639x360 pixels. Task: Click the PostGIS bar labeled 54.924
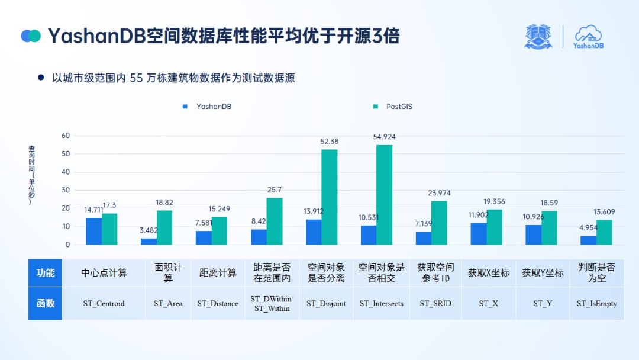pos(384,195)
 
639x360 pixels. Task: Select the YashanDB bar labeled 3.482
pos(149,241)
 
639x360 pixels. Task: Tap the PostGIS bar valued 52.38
pos(329,197)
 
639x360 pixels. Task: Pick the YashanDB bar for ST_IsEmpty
pos(588,240)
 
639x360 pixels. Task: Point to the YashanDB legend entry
pos(207,107)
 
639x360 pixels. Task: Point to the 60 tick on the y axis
pos(66,136)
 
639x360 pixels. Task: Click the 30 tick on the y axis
pos(66,190)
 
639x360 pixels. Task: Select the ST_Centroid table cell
pos(104,303)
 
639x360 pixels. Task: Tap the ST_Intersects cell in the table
pos(381,303)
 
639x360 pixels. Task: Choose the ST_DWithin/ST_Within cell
pos(272,303)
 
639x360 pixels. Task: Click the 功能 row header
pos(46,273)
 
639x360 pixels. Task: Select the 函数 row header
pos(46,303)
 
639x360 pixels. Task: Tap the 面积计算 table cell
pos(168,273)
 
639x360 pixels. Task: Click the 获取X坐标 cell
pos(488,273)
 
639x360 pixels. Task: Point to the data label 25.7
pos(275,190)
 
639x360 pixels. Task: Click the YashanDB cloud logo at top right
pos(588,37)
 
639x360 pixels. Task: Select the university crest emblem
pos(538,37)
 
